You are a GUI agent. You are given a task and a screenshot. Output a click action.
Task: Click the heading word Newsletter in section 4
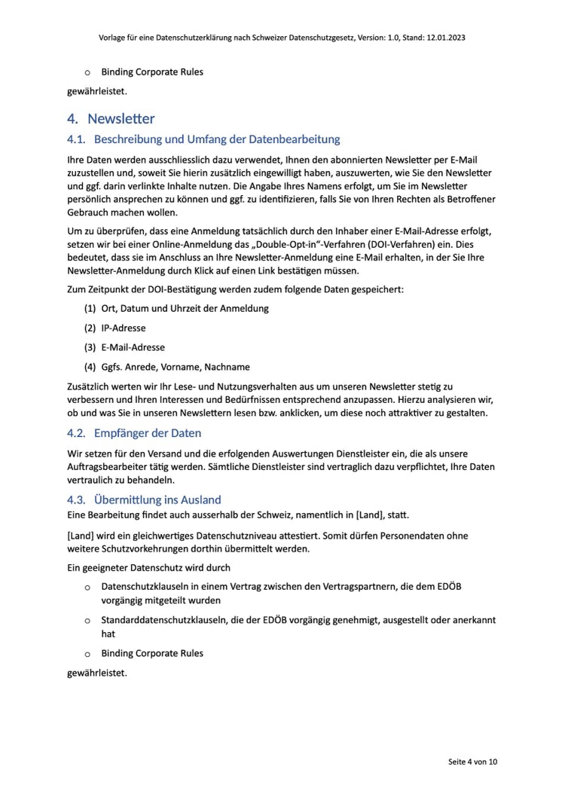pyautogui.click(x=121, y=118)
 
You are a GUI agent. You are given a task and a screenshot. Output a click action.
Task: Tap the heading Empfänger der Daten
pyautogui.click(x=148, y=433)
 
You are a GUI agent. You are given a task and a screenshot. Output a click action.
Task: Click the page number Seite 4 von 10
pyautogui.click(x=473, y=762)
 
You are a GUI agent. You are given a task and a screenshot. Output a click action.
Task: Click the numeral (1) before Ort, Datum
pyautogui.click(x=90, y=309)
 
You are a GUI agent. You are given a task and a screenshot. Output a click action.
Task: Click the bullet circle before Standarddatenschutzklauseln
pyautogui.click(x=87, y=621)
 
